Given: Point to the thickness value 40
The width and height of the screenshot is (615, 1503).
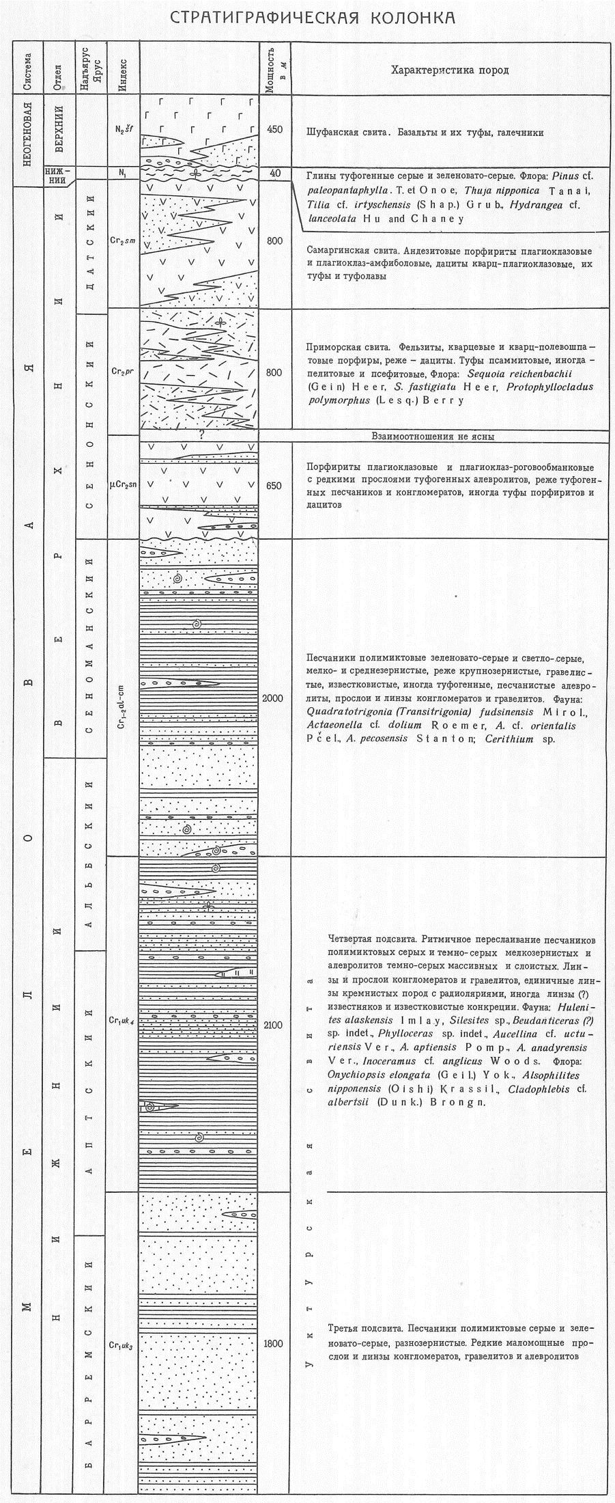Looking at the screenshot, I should coord(275,174).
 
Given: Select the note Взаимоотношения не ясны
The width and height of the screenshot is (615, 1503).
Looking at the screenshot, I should coord(433,436).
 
